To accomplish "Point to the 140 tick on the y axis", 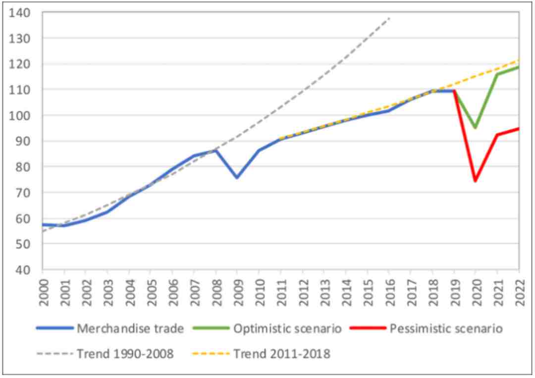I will click(25, 12).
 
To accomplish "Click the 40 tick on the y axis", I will click(28, 270).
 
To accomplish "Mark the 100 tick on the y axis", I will click(25, 115).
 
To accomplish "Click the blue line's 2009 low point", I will click(237, 177).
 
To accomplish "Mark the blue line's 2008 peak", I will click(215, 150).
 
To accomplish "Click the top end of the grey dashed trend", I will click(389, 18).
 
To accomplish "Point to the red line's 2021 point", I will click(497, 135).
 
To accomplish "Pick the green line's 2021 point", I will click(497, 74).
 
